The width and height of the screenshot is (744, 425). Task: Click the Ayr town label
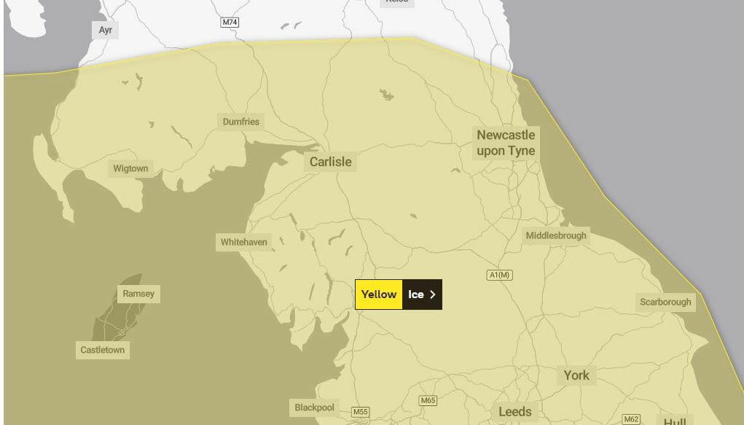click(105, 30)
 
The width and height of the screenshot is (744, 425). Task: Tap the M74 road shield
click(230, 23)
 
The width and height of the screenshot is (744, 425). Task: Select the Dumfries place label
click(240, 122)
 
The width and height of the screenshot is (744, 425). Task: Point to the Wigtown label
click(130, 168)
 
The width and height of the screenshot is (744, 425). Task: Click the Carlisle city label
click(330, 162)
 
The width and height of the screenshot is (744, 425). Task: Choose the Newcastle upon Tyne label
click(506, 143)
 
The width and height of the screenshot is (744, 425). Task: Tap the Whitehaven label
click(244, 242)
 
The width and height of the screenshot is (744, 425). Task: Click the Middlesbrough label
click(556, 235)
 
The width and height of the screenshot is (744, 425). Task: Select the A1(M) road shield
click(500, 275)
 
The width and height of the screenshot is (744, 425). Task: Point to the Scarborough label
click(665, 302)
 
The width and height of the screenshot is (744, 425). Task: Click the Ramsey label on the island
click(138, 294)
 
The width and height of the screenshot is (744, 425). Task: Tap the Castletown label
click(102, 350)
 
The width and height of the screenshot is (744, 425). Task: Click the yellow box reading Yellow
click(379, 295)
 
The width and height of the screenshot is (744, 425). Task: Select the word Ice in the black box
click(415, 295)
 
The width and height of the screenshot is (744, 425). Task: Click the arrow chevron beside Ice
click(433, 295)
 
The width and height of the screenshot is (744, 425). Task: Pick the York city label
click(576, 375)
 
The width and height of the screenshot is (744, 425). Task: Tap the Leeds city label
click(515, 412)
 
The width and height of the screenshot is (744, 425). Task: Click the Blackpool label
click(314, 407)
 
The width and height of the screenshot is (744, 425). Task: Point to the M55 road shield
click(360, 413)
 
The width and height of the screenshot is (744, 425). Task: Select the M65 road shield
click(428, 401)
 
